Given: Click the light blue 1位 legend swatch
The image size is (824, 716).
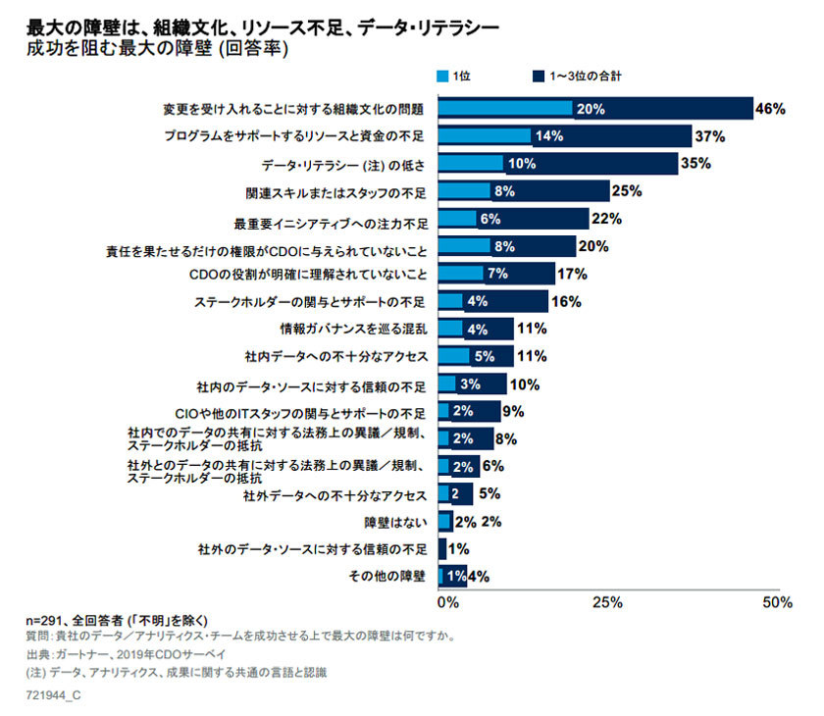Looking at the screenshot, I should point(442,76).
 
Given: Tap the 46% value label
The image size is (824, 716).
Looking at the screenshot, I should point(770,109).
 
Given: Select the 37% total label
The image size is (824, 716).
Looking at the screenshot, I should point(708,136).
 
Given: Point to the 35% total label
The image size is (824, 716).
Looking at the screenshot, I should point(695,164).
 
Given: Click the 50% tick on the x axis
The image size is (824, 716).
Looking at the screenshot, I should point(777,602).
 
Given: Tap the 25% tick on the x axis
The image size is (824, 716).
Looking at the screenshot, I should point(607,602).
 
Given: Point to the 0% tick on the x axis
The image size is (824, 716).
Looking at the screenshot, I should point(447,602).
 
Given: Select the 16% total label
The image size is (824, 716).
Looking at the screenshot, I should point(566,301).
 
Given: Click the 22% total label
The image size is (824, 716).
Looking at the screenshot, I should point(606,219).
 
